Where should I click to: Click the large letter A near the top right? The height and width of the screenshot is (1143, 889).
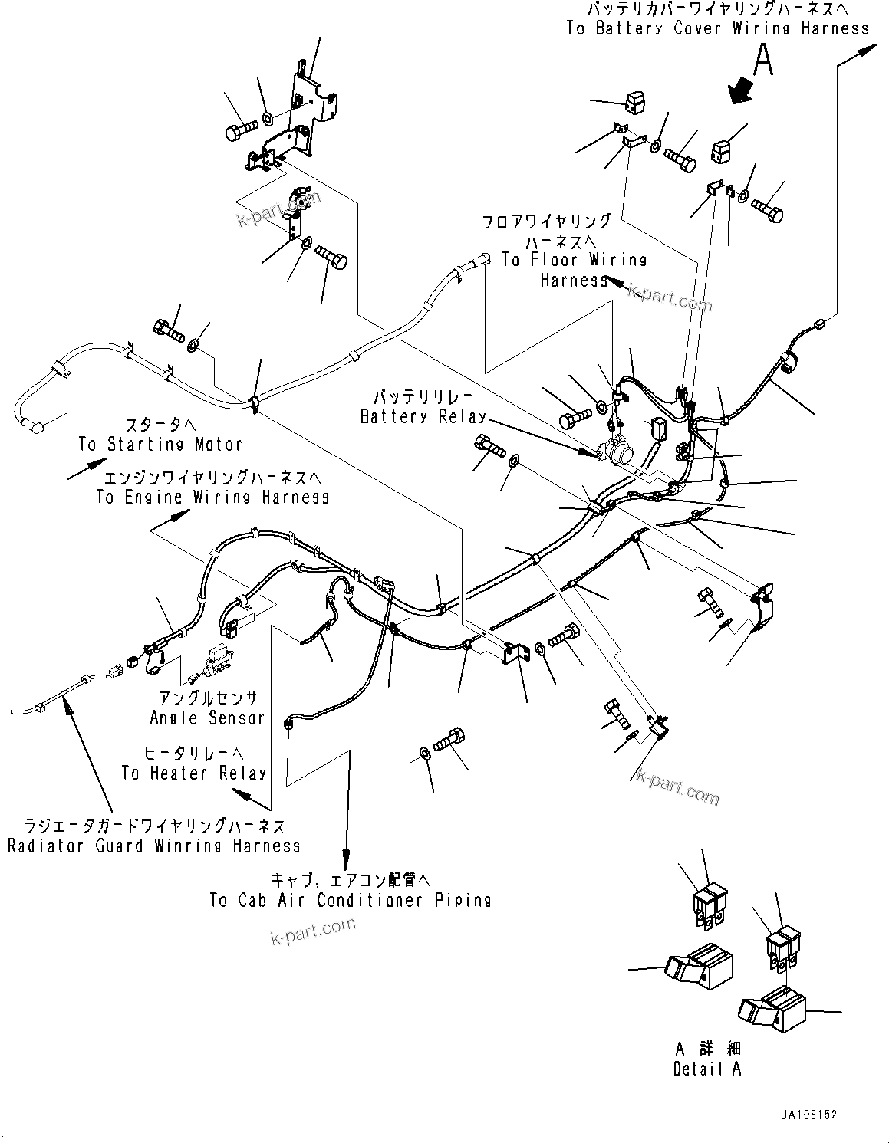tap(762, 60)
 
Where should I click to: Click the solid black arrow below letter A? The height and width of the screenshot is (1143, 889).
tap(741, 89)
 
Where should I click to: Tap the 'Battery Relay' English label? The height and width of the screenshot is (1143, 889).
tap(423, 417)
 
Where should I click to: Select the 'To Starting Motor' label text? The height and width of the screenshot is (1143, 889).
tap(160, 444)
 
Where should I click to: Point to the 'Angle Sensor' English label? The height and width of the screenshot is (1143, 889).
tap(207, 718)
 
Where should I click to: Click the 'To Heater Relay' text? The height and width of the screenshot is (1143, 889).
tap(193, 773)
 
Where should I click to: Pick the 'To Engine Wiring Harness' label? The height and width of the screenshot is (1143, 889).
tap(212, 497)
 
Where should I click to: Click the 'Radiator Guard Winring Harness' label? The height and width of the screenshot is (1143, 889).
tap(153, 846)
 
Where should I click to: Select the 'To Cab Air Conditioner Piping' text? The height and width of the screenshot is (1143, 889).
tap(351, 900)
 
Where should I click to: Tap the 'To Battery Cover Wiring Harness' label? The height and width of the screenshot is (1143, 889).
tap(718, 28)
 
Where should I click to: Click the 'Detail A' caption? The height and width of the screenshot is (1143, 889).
tap(707, 1068)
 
